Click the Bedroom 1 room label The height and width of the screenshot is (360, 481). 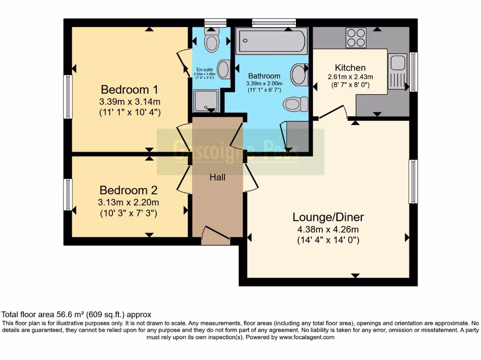[129, 89]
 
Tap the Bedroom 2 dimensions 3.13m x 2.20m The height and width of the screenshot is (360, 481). [128, 202]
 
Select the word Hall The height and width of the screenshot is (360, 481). [217, 177]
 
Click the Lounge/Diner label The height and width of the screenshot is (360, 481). [328, 217]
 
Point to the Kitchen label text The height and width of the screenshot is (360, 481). [350, 67]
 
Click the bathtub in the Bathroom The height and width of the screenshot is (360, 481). [272, 41]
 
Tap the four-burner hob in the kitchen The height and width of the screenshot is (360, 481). [356, 38]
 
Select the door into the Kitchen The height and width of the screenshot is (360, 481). [333, 112]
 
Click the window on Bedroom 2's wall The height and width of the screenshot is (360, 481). [69, 195]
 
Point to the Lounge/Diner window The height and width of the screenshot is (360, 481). [413, 181]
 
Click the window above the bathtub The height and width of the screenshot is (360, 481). [274, 22]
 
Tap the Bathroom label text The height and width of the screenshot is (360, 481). [264, 76]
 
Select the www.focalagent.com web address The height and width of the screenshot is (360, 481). [306, 337]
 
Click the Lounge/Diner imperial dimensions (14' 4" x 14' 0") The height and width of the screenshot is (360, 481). [328, 240]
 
